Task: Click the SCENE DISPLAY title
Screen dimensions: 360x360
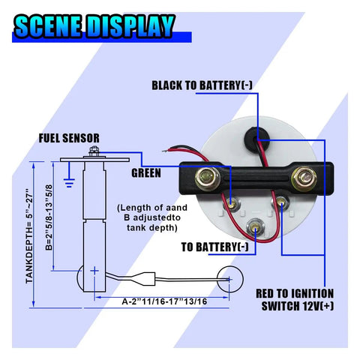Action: pyautogui.click(x=94, y=26)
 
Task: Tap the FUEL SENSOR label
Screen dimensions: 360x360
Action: pyautogui.click(x=69, y=138)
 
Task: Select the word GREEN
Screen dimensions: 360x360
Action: pyautogui.click(x=146, y=173)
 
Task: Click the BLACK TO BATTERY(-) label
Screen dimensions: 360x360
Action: pyautogui.click(x=202, y=85)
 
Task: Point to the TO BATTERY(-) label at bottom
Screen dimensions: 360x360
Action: pyautogui.click(x=215, y=247)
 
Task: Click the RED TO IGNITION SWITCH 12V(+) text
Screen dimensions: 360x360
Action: pyautogui.click(x=295, y=299)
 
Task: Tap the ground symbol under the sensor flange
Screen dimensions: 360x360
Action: pyautogui.click(x=69, y=182)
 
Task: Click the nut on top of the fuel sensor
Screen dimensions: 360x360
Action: pyautogui.click(x=94, y=151)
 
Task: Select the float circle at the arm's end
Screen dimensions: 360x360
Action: pyautogui.click(x=229, y=279)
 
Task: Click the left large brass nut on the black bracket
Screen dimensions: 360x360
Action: pyautogui.click(x=207, y=178)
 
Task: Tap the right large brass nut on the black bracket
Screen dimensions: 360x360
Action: pyautogui.click(x=304, y=178)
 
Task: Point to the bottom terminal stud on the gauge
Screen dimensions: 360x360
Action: pyautogui.click(x=255, y=227)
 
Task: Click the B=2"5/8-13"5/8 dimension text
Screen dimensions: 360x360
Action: pyautogui.click(x=49, y=217)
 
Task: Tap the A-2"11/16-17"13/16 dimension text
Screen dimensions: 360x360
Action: pyautogui.click(x=164, y=301)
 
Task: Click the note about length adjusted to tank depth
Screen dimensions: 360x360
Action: pyautogui.click(x=152, y=217)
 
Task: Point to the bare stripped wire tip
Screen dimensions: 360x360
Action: pyautogui.click(x=165, y=151)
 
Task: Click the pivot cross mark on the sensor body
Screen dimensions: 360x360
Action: pyautogui.click(x=94, y=271)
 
